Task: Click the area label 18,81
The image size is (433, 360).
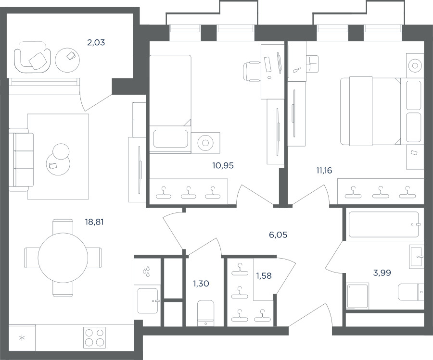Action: click(94, 222)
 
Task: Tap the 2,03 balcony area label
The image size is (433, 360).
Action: click(96, 42)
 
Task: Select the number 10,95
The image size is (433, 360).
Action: click(223, 165)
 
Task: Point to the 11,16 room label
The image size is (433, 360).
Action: click(324, 171)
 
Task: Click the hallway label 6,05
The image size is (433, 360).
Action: click(278, 235)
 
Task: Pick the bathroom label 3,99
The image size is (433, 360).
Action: click(382, 273)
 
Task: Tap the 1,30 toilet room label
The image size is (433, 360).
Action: click(201, 283)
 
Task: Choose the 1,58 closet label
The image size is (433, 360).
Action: click(264, 275)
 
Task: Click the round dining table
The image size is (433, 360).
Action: click(63, 258)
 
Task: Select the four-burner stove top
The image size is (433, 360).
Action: click(95, 337)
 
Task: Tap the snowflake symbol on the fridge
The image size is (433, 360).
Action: click(22, 338)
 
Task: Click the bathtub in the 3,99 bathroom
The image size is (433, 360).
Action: click(384, 224)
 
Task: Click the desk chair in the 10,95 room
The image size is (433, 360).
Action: click(252, 72)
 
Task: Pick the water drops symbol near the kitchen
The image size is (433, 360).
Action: click(147, 271)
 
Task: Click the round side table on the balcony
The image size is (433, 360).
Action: click(67, 60)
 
